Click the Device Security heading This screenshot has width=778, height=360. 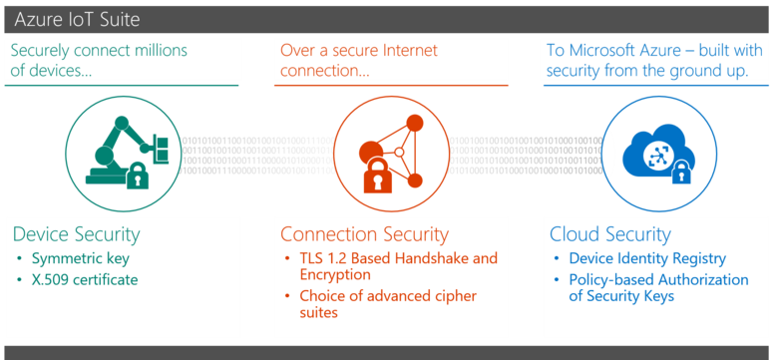[76, 234]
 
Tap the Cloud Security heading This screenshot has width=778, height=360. [609, 234]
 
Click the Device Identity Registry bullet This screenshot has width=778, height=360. [647, 258]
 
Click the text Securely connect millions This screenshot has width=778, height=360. [99, 50]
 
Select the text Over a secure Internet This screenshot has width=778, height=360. [356, 50]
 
